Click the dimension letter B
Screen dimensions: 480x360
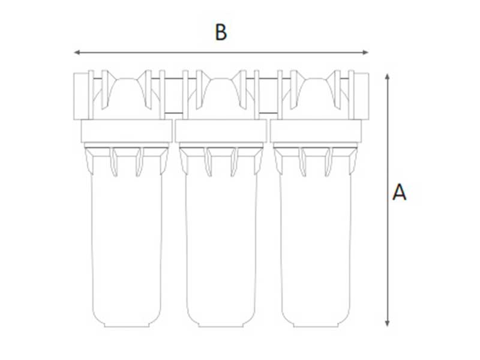(x=221, y=32)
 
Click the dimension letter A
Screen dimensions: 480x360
(x=399, y=192)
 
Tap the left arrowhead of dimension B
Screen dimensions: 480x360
(x=77, y=52)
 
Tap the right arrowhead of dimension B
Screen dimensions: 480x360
(x=365, y=52)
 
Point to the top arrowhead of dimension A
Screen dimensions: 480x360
(x=387, y=77)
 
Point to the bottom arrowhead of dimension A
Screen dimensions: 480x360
(x=387, y=323)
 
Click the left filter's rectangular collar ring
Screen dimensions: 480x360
(x=127, y=131)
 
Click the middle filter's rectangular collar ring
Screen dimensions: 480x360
(x=221, y=131)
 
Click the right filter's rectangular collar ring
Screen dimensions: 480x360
(x=316, y=131)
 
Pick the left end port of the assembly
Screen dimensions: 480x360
(x=81, y=96)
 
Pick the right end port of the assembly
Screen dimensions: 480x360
(x=362, y=96)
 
